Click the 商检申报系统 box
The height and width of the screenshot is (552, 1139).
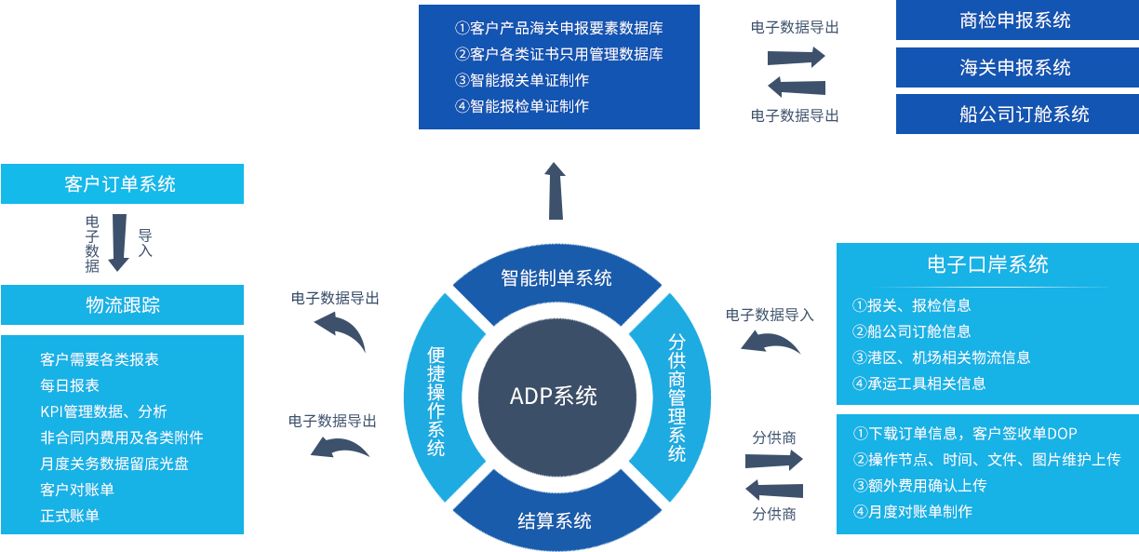1015,20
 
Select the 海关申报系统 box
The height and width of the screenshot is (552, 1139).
1015,67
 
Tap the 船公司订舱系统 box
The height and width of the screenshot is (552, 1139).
1015,114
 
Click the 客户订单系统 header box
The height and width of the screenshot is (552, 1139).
122,183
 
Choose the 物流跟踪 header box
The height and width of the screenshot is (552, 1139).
122,304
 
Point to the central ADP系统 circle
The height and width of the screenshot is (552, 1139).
555,396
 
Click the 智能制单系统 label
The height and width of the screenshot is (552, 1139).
556,277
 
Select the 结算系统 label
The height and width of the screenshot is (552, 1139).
555,520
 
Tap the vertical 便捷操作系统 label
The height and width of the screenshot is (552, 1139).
435,401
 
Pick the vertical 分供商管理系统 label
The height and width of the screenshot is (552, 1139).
677,397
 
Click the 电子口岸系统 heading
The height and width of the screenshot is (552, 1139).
987,264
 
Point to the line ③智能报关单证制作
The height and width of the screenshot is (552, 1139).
522,80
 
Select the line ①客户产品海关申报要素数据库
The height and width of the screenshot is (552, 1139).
558,28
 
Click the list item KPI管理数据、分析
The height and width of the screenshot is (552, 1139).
103,411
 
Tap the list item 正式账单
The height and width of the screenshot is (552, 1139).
70,516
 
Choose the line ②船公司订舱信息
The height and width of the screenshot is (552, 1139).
911,331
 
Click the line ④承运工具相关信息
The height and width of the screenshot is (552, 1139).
918,384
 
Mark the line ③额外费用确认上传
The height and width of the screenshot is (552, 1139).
919,485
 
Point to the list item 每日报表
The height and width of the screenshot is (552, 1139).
70,385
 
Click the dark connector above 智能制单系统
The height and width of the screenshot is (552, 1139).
555,190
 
